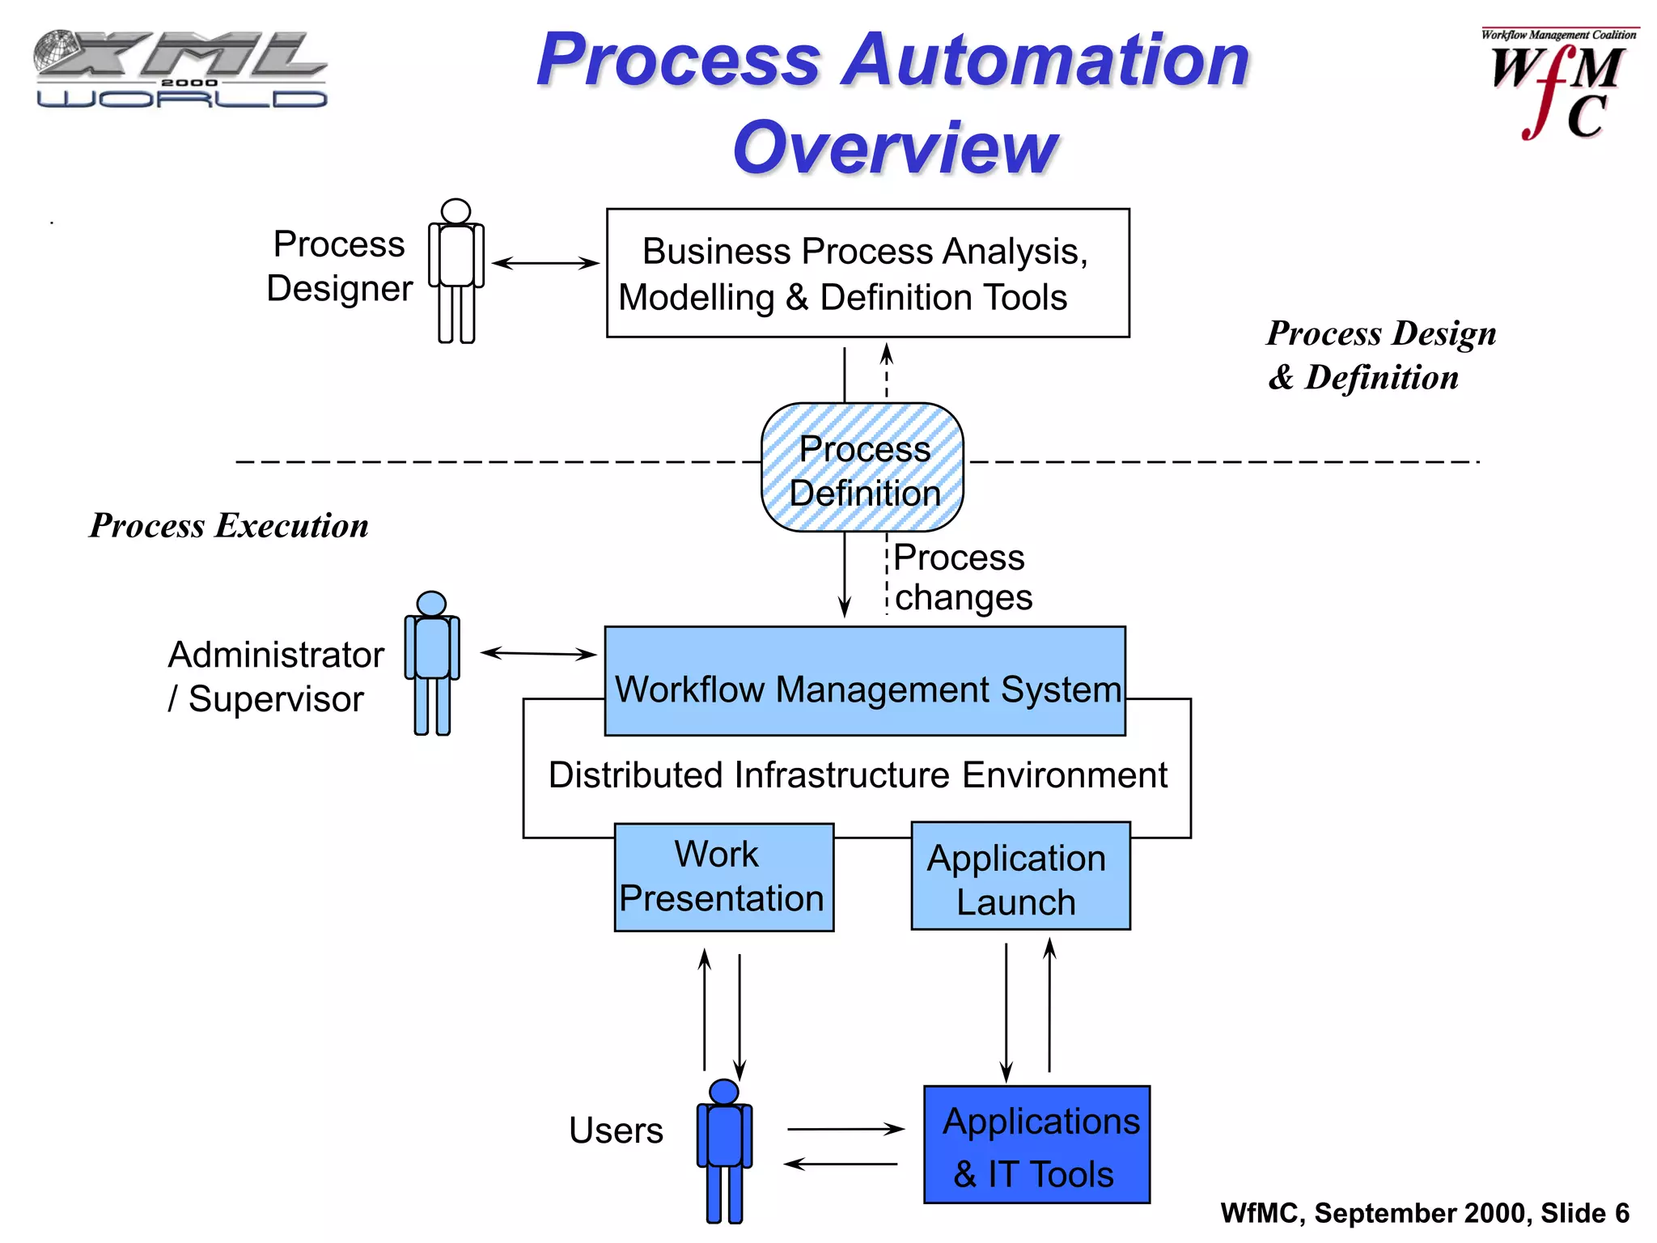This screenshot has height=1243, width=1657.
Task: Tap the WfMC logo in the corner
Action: (x=1557, y=85)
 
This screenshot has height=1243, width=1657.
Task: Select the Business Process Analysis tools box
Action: (x=867, y=273)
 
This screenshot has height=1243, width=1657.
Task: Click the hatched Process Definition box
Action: (x=862, y=468)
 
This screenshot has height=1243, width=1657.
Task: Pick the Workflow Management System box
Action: (x=865, y=681)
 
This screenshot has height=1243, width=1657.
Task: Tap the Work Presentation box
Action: (x=723, y=877)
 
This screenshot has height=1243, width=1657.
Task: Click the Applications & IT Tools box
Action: (x=1036, y=1145)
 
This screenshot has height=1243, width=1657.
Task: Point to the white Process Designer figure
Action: (x=456, y=271)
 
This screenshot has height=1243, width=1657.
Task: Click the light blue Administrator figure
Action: (x=432, y=664)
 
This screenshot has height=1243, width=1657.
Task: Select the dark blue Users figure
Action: (x=724, y=1151)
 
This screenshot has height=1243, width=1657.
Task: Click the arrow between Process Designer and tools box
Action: (x=545, y=263)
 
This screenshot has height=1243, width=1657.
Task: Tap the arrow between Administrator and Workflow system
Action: (x=539, y=653)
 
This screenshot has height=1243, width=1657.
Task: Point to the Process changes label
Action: (x=961, y=577)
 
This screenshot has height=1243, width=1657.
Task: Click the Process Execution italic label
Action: (x=229, y=526)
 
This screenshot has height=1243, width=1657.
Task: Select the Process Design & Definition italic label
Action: (x=1380, y=355)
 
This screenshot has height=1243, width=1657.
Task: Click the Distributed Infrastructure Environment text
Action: (x=858, y=775)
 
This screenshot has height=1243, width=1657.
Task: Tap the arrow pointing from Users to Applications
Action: (x=845, y=1129)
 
